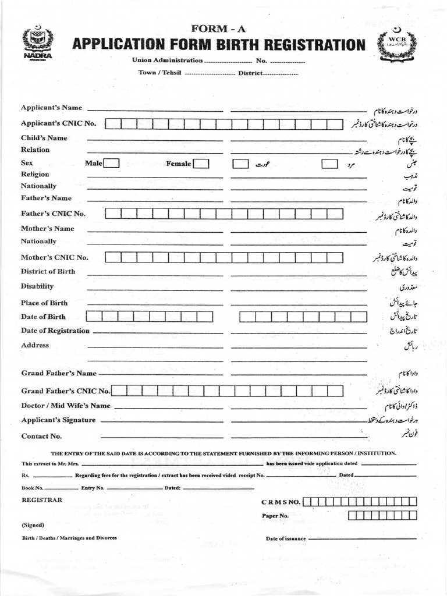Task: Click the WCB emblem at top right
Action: [x=398, y=45]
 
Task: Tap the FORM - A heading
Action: [x=218, y=29]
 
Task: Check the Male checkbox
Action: [x=112, y=164]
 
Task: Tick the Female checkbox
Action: [x=201, y=164]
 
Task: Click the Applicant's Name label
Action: [x=51, y=108]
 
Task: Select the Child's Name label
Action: [x=44, y=138]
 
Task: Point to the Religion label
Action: [x=35, y=174]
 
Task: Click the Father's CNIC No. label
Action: [x=53, y=214]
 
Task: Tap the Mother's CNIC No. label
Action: [x=55, y=257]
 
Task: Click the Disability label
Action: [x=37, y=286]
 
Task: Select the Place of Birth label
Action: [x=44, y=303]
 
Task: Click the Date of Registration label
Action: [x=55, y=331]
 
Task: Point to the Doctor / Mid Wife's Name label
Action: [x=66, y=406]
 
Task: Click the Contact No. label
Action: [x=41, y=436]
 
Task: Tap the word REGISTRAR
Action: [x=42, y=499]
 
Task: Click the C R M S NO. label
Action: [x=281, y=502]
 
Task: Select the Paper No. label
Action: [x=275, y=516]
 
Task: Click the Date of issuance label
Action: [x=286, y=538]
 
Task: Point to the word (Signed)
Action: [x=33, y=524]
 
